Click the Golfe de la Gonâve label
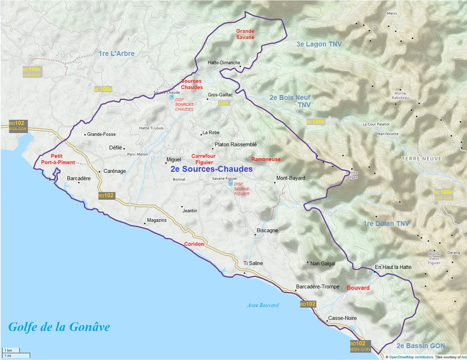(x=58, y=327)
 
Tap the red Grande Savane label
(x=245, y=34)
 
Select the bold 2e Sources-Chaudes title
(x=211, y=169)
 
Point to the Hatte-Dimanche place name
(x=223, y=63)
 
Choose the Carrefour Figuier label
(x=203, y=159)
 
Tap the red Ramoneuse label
(x=266, y=159)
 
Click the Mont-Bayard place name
(x=291, y=178)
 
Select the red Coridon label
(x=194, y=244)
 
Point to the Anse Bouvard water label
(x=262, y=305)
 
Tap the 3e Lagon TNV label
(x=319, y=44)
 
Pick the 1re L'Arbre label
(x=116, y=53)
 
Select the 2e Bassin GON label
(x=421, y=346)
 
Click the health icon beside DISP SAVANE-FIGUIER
(x=230, y=184)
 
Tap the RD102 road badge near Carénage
(x=106, y=195)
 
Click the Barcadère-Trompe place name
(x=317, y=287)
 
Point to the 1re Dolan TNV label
(x=386, y=224)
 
